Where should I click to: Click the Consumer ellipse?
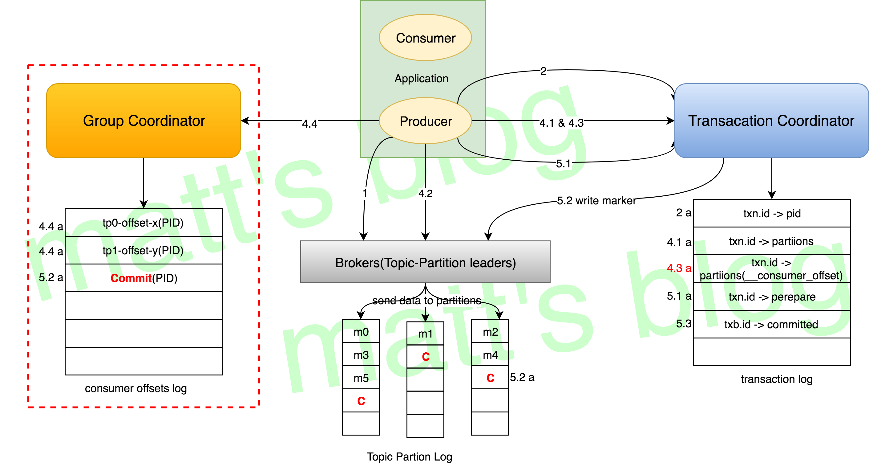tap(425, 38)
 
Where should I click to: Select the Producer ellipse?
tap(425, 121)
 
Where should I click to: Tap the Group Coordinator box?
tap(144, 121)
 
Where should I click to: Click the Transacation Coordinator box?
tap(771, 121)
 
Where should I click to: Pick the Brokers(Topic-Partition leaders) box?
tap(425, 262)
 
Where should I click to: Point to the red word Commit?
tap(131, 278)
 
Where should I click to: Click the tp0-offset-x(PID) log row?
tap(143, 223)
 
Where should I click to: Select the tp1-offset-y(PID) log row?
tap(143, 251)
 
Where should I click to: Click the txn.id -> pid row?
tap(772, 214)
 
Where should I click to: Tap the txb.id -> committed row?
tap(772, 325)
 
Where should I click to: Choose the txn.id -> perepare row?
tap(772, 297)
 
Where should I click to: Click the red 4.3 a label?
tap(679, 268)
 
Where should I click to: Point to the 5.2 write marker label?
tap(596, 201)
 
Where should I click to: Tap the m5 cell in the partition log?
tap(361, 378)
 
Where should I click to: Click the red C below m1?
tap(426, 357)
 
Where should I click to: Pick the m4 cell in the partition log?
tap(490, 355)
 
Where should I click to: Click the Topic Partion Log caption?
tap(409, 457)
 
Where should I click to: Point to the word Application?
tap(421, 79)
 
